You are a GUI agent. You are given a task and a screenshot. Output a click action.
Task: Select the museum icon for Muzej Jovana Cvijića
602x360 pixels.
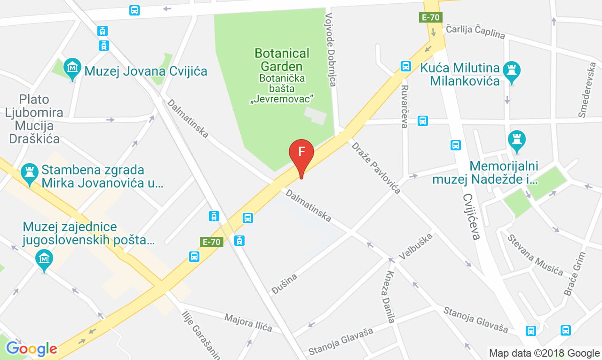[x=72, y=68]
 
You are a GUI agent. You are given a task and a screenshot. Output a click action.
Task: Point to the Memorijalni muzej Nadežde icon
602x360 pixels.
[x=517, y=140]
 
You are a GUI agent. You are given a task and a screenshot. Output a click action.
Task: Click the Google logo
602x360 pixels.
[x=32, y=349]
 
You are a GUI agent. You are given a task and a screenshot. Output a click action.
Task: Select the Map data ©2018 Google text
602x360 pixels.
[x=544, y=353]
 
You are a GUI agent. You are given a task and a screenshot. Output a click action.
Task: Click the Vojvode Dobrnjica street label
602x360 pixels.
[x=331, y=50]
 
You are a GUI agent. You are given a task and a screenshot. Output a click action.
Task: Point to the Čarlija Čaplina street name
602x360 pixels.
[x=475, y=32]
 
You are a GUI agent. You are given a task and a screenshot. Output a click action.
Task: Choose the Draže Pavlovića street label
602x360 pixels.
[x=376, y=167]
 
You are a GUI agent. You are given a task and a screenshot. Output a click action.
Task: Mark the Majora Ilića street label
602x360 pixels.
[x=248, y=322]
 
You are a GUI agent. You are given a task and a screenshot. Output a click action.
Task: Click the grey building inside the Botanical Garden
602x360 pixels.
[x=315, y=116]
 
